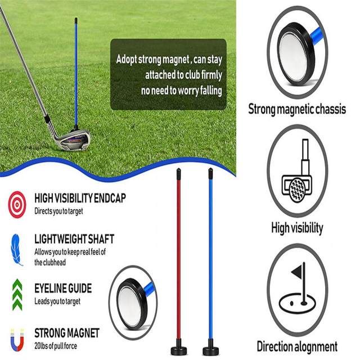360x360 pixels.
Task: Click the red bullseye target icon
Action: point(17,204)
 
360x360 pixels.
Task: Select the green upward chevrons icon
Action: point(17,294)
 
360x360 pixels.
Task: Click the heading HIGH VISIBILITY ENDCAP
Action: point(80,198)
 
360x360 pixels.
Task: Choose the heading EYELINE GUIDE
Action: point(63,289)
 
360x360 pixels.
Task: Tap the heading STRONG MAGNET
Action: point(67,332)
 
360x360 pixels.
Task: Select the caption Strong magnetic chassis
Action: point(297,109)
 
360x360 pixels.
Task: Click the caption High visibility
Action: point(297,228)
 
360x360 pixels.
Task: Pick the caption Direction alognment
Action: point(297,346)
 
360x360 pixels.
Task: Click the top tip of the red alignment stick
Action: point(179,170)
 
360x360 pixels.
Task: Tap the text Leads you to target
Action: point(57,301)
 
